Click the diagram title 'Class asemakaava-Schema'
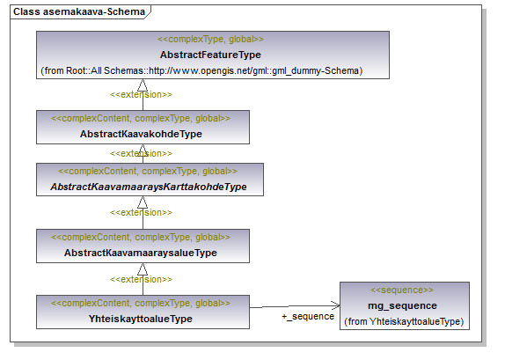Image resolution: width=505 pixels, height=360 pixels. [x=79, y=12]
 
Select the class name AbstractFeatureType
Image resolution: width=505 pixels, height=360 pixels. [x=210, y=55]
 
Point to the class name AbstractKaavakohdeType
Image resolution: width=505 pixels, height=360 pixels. [x=141, y=134]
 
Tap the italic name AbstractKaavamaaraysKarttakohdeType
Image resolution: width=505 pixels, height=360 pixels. [x=149, y=187]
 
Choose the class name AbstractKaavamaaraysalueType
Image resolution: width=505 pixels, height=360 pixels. [x=141, y=253]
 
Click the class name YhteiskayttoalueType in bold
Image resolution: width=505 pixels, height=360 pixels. [x=141, y=319]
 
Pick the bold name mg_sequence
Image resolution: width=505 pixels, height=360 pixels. [x=402, y=305]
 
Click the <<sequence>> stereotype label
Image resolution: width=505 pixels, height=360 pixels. [x=402, y=290]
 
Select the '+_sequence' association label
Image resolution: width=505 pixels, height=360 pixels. [x=308, y=317]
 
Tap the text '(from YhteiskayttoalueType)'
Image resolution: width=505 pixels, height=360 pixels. [x=404, y=321]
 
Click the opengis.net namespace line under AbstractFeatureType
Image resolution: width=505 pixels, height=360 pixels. [x=201, y=70]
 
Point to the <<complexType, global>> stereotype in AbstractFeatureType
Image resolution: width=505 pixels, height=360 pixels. [x=210, y=40]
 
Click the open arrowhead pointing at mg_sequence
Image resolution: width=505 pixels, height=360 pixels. [x=335, y=305]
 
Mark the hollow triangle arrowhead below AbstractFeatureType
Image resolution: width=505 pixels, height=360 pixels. [x=143, y=85]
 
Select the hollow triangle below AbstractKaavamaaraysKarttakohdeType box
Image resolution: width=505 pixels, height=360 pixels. [x=143, y=202]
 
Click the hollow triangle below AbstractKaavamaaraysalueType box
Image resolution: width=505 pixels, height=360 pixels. [x=143, y=269]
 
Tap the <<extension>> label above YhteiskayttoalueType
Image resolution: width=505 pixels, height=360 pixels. [x=141, y=279]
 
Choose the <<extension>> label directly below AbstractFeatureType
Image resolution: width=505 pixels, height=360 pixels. [x=141, y=94]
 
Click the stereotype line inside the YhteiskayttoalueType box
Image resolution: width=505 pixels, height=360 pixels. [x=141, y=304]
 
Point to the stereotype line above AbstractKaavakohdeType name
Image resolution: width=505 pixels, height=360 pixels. [x=141, y=119]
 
